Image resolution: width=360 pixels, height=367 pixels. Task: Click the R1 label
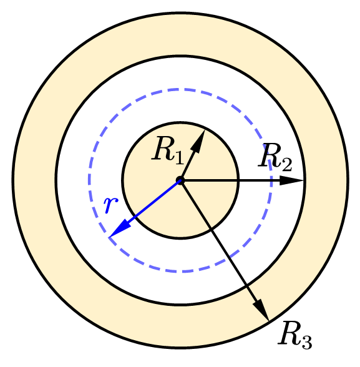tap(168, 150)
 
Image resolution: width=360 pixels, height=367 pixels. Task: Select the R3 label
tap(295, 335)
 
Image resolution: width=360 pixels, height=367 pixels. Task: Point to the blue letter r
tap(111, 205)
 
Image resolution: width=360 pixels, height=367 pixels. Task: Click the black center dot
tap(180, 180)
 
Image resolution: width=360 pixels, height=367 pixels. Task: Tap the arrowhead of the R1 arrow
tap(199, 140)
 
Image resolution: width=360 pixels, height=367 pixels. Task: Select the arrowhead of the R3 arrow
tap(261, 308)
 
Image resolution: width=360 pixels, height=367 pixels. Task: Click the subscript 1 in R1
tap(179, 158)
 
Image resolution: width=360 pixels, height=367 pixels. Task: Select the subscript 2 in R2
tap(286, 165)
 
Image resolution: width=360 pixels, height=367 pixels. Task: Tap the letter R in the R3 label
tap(289, 332)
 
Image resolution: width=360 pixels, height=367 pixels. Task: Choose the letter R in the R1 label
tap(163, 148)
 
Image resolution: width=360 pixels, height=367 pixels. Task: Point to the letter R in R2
tap(269, 155)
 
